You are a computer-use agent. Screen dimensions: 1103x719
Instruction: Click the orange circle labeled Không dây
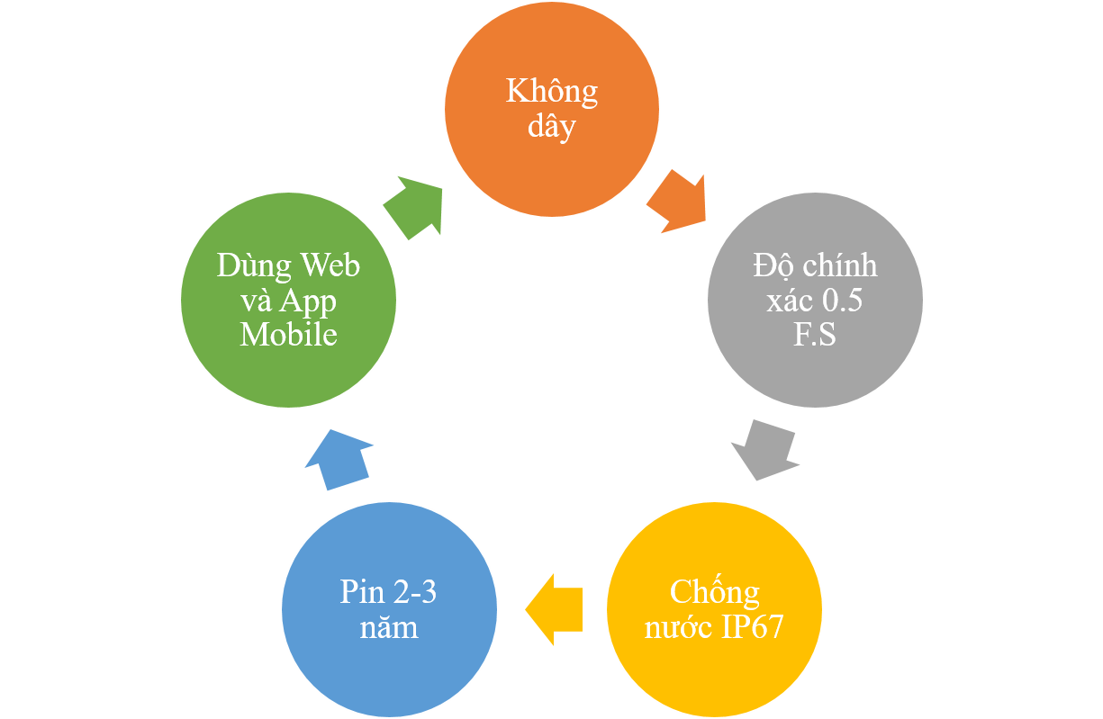click(x=551, y=109)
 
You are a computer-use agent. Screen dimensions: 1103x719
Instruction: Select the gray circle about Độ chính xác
click(x=815, y=301)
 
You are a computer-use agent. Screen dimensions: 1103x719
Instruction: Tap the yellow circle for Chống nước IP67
click(x=714, y=609)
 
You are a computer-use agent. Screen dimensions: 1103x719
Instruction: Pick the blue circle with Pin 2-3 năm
click(x=389, y=609)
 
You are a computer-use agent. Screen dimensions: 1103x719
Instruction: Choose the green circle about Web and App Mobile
click(x=288, y=301)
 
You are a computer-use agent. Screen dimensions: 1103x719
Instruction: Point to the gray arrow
click(x=765, y=450)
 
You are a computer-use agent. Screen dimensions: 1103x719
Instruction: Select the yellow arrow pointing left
click(x=555, y=609)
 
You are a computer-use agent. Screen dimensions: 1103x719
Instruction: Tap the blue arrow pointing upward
click(x=339, y=460)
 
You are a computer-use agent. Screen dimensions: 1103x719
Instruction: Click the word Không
click(x=551, y=92)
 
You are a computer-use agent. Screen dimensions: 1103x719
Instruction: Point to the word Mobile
click(x=288, y=335)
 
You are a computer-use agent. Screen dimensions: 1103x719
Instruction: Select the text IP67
click(x=752, y=626)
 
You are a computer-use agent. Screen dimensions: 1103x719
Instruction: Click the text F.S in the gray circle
click(x=815, y=334)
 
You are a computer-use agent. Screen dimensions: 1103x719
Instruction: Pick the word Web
click(x=330, y=265)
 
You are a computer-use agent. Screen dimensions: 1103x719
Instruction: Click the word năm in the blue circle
click(x=389, y=627)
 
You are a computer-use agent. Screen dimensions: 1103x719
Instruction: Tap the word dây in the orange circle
click(x=551, y=127)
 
